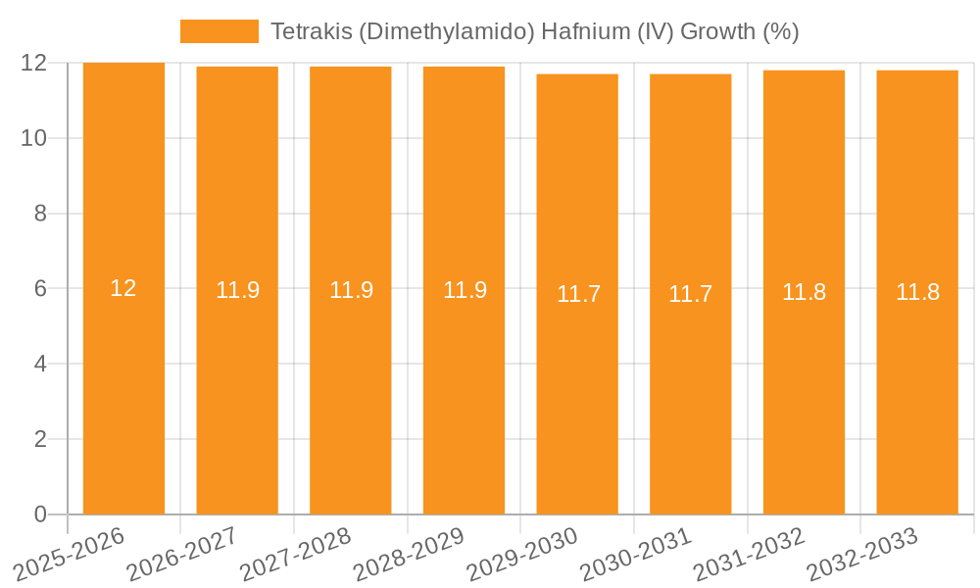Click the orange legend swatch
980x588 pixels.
[219, 31]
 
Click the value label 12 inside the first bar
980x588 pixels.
[123, 288]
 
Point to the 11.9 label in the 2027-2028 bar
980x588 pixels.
[351, 290]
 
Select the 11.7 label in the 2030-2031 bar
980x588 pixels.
[690, 294]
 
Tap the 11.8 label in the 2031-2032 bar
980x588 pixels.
[804, 292]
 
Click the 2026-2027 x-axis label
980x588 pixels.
[183, 554]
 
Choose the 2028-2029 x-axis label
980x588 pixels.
[410, 554]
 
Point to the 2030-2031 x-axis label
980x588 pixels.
[636, 554]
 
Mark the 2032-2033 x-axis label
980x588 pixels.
[862, 554]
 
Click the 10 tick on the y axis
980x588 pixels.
[34, 138]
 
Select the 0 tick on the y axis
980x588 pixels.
[40, 514]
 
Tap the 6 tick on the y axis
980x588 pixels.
[40, 289]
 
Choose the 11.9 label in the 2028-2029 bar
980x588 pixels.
[465, 290]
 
